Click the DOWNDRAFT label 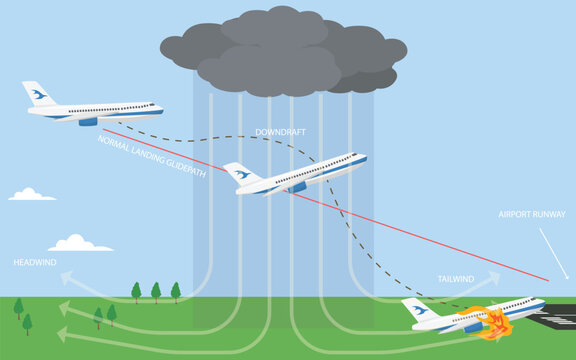tap(281, 132)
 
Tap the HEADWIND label tap(34, 262)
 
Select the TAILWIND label tap(455, 279)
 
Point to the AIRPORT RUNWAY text tap(532, 214)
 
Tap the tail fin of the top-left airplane tap(37, 94)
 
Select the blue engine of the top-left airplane tap(88, 121)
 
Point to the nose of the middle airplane tap(362, 157)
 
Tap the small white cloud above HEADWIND tap(79, 243)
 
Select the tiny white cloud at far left tap(32, 194)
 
